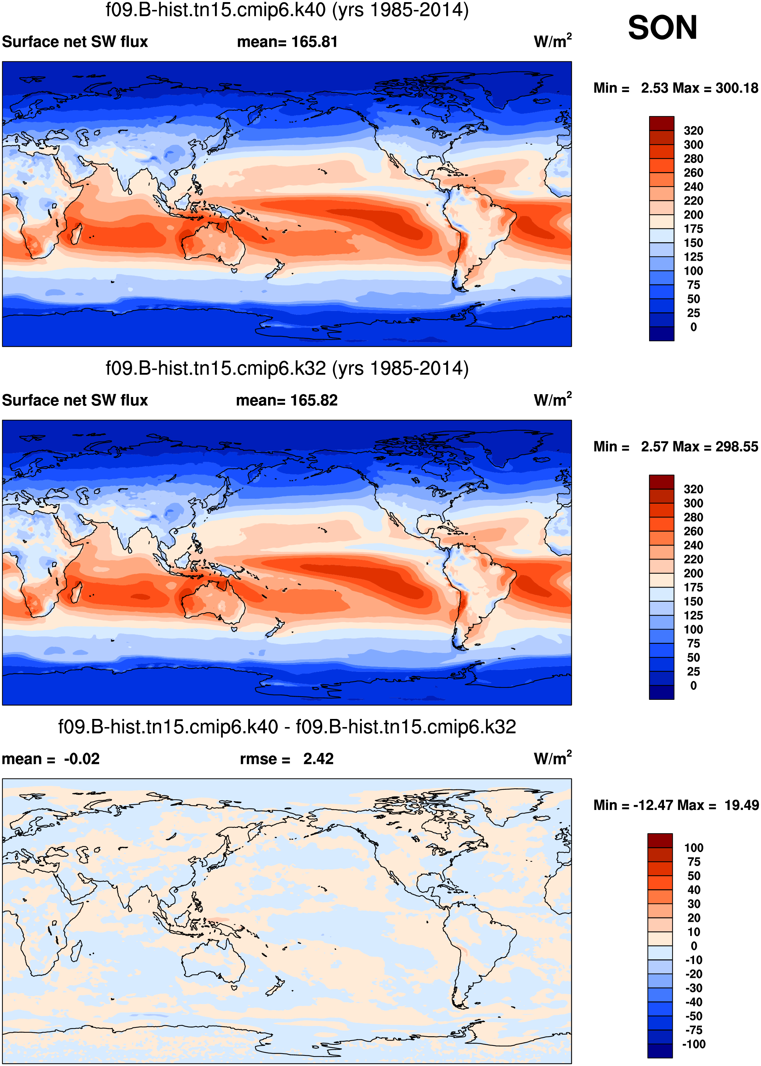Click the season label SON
click(662, 28)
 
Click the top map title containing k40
click(287, 10)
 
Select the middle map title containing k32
click(287, 369)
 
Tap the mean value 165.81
click(314, 42)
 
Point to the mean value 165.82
click(314, 401)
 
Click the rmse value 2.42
click(318, 759)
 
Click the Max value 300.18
click(737, 88)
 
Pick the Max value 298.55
click(737, 447)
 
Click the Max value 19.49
click(741, 805)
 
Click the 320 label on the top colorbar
click(693, 131)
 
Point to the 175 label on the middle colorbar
click(693, 588)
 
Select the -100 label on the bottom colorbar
click(693, 1044)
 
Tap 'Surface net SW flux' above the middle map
click(75, 401)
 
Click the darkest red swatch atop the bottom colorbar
click(660, 841)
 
